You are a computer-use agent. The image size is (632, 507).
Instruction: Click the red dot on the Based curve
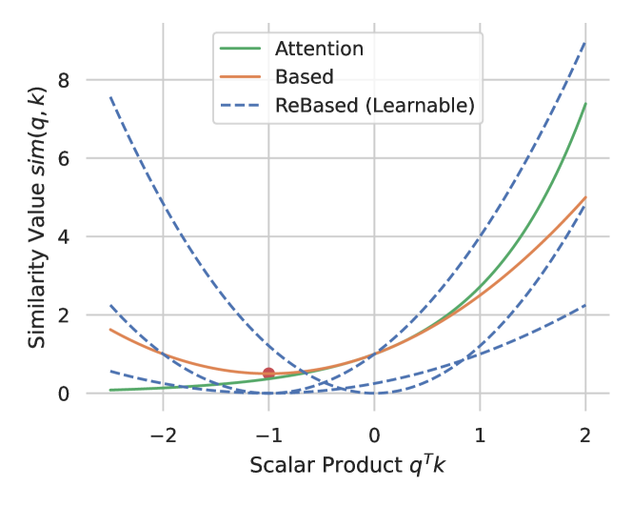pos(268,374)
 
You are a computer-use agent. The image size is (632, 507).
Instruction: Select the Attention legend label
pos(319,48)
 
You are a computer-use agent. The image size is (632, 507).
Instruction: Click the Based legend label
pos(304,76)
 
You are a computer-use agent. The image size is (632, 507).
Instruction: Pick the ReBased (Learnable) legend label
pos(374,105)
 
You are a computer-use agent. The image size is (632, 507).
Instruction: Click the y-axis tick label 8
pos(64,80)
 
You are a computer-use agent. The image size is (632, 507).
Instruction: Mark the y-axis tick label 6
pos(64,158)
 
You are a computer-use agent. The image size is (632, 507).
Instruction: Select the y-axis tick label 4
pos(64,236)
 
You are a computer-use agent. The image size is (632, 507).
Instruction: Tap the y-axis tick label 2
pos(64,314)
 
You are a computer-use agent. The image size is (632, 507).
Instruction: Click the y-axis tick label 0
pos(64,393)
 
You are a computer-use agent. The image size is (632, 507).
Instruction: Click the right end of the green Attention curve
pos(584,104)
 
